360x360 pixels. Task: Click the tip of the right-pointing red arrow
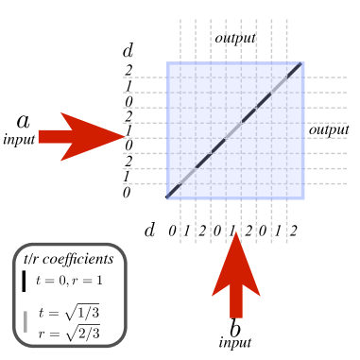click(126, 136)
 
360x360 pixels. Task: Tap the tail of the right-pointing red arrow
click(40, 136)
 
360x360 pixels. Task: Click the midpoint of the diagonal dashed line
click(235, 130)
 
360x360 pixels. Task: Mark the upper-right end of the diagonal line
click(300, 65)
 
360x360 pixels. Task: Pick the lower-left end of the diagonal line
click(170, 196)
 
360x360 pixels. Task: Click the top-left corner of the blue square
click(168, 63)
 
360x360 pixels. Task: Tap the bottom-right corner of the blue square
click(302, 197)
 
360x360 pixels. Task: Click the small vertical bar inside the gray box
click(26, 321)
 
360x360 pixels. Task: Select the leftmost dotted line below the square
click(180, 222)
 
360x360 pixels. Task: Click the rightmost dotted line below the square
click(286, 222)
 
